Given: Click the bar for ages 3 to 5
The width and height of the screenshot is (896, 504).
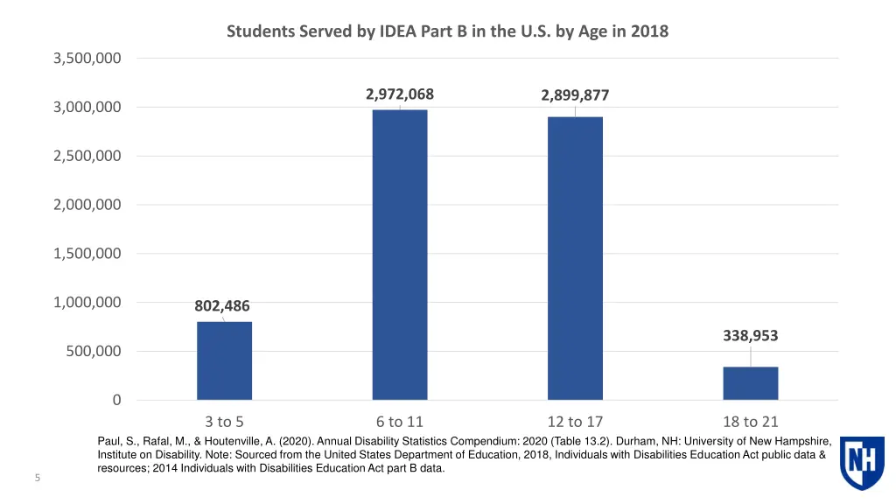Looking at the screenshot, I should click(x=224, y=360).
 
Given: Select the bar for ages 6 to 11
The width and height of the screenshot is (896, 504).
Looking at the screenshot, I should click(x=400, y=255).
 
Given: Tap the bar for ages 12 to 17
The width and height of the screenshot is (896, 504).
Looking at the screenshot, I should click(x=575, y=258).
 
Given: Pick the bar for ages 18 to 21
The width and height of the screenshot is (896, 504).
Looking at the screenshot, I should click(x=750, y=383).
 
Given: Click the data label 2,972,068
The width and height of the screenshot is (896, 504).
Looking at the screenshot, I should click(x=400, y=94).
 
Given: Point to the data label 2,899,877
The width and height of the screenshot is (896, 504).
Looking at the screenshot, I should click(x=575, y=96).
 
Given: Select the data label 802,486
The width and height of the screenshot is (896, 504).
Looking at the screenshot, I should click(x=222, y=306).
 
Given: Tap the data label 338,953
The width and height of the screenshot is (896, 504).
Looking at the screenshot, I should click(x=750, y=336).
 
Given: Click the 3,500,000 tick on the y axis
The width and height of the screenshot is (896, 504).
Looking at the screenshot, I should click(x=87, y=59).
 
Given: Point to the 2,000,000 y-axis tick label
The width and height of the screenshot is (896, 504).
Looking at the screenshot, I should click(x=87, y=205).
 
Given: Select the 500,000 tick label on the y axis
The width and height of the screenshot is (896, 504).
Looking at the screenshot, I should click(x=92, y=352).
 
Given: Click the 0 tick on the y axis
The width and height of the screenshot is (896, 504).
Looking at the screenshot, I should click(x=116, y=401).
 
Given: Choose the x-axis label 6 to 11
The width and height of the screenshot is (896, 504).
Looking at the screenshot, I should click(x=400, y=422).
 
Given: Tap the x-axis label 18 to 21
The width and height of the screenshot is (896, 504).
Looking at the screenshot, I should click(x=750, y=422).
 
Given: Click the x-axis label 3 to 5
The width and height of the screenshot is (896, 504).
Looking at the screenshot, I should click(x=224, y=422).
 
